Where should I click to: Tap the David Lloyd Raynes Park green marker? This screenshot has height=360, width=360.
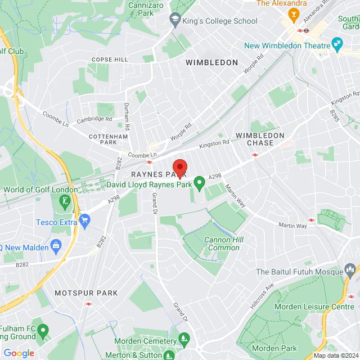pos(199,183)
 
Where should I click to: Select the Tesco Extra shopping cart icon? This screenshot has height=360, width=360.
pos(85,219)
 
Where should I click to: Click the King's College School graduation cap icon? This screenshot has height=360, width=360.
pos(175,21)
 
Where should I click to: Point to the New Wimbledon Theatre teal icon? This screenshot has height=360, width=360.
pos(337,43)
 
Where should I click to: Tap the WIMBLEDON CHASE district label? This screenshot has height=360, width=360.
pos(260,139)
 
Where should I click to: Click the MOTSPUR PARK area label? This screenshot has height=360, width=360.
pos(86,293)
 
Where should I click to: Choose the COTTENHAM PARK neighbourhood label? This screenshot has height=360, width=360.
pos(110,139)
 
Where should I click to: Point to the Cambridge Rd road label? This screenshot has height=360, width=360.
pos(94,119)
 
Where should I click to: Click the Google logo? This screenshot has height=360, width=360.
pos(19,353)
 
